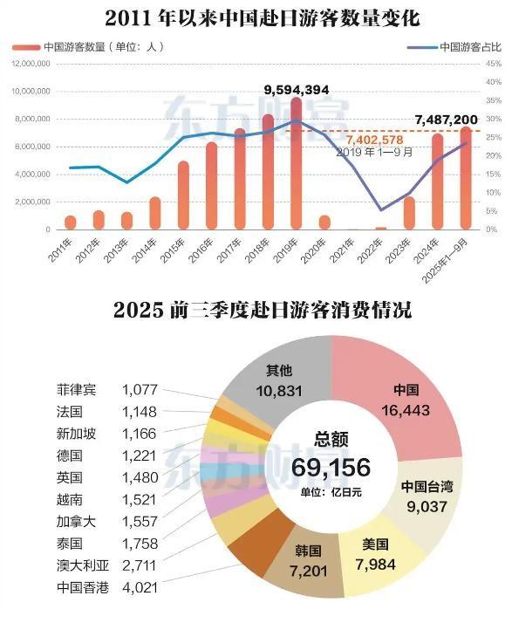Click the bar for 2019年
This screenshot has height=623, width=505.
tap(297, 166)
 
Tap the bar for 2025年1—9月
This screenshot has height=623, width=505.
tap(466, 179)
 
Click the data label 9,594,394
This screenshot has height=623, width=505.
tap(297, 89)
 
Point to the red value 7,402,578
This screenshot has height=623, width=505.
tap(374, 139)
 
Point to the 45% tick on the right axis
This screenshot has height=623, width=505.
tap(493, 64)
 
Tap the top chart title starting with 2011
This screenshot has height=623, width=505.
tap(251, 17)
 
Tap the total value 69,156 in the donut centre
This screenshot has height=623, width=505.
tap(331, 467)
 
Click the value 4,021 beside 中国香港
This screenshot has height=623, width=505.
tap(140, 587)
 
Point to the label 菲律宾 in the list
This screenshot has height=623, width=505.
tap(74, 388)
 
